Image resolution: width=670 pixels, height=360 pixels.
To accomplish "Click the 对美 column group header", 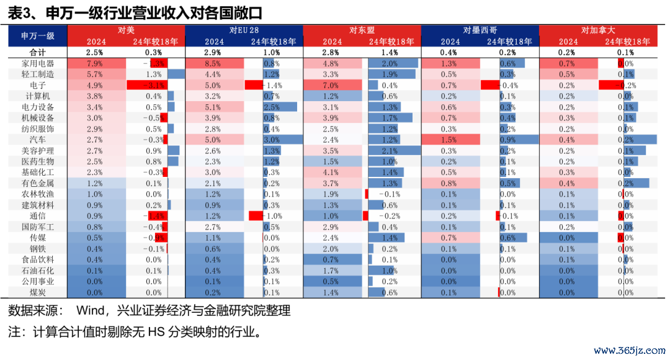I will tap(126, 30).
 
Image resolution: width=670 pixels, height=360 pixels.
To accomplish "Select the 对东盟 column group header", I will tap(362, 30).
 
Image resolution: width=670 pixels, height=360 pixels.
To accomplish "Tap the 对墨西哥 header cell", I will tap(480, 30).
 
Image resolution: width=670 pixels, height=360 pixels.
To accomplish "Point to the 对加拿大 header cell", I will tap(598, 30).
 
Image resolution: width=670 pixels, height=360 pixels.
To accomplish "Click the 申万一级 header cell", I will tap(38, 35).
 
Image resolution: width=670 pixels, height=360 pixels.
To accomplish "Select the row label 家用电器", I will tap(38, 63).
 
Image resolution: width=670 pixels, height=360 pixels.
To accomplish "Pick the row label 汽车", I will tap(38, 140).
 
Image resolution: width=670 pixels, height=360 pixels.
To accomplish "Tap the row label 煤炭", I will tap(38, 292).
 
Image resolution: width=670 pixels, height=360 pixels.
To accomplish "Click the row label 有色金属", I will tap(38, 183).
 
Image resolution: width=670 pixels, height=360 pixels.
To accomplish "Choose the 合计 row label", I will tap(38, 52).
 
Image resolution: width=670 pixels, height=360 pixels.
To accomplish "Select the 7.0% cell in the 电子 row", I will tap(331, 85).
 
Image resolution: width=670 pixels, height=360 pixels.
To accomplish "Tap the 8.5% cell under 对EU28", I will tap(213, 63).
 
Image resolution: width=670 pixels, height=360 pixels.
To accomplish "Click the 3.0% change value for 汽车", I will tap(272, 140).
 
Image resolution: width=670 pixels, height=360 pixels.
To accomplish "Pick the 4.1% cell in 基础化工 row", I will tap(331, 173).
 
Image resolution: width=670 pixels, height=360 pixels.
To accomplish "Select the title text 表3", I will tap(20, 11).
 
